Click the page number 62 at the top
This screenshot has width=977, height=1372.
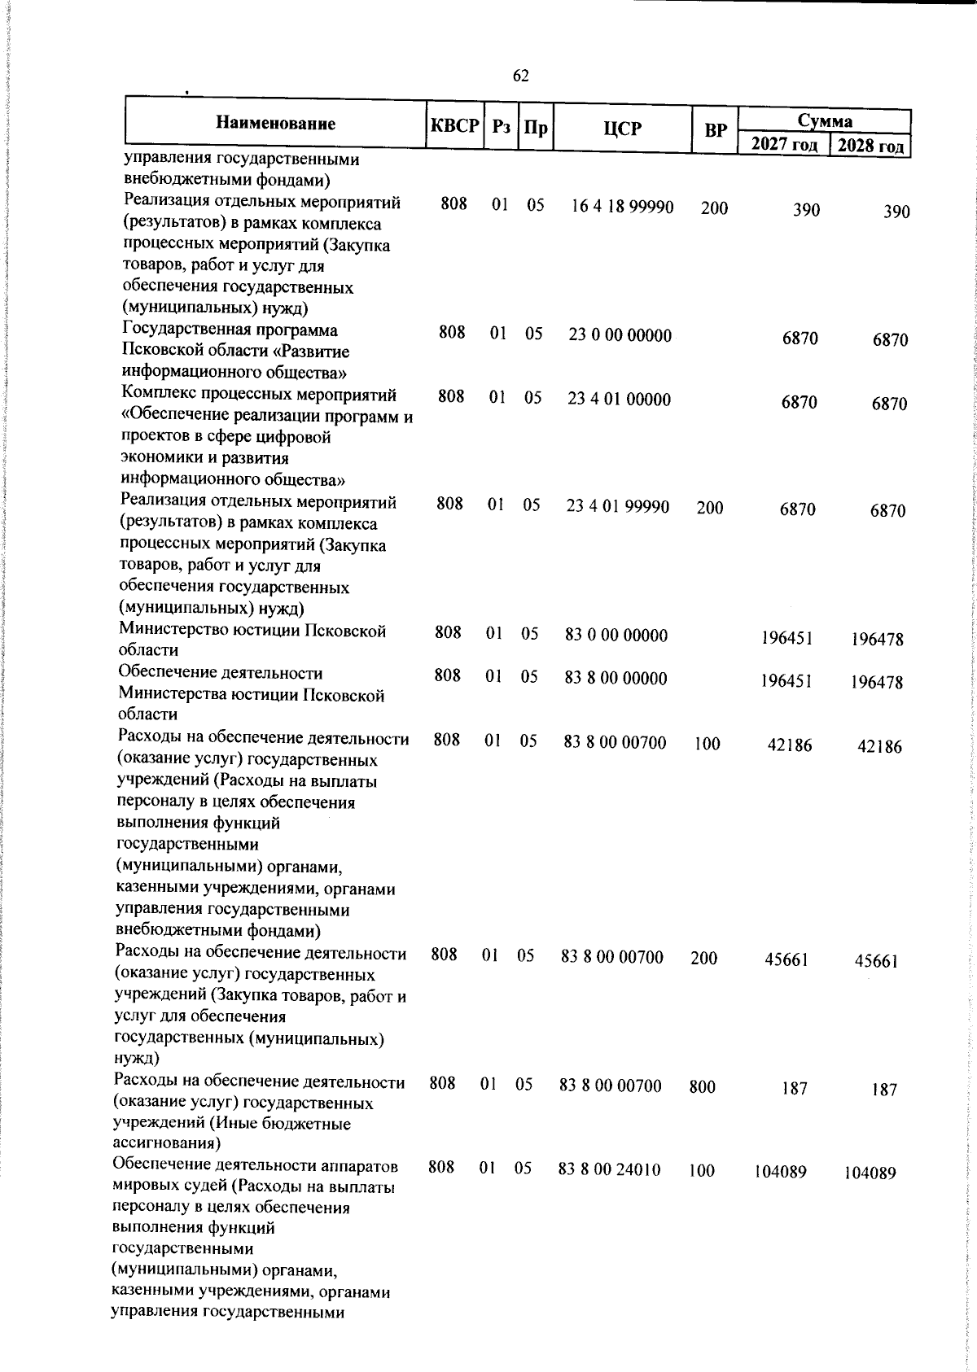tap(521, 76)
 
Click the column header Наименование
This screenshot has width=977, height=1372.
tap(275, 124)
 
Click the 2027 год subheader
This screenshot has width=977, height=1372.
tap(783, 144)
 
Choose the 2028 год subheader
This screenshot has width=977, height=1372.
tap(870, 146)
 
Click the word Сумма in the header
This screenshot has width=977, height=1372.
tap(824, 121)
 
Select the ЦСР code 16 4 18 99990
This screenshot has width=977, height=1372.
tap(622, 207)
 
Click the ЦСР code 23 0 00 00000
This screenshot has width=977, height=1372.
tap(620, 335)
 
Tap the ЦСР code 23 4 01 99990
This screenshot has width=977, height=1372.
tap(617, 506)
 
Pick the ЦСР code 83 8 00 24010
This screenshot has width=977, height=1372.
tap(609, 1169)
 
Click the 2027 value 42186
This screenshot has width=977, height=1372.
tap(789, 745)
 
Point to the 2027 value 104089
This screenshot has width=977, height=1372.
tap(780, 1172)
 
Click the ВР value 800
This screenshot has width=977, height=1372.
tap(702, 1086)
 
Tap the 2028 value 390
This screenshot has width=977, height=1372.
tap(896, 212)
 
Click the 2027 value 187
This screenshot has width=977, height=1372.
tap(795, 1088)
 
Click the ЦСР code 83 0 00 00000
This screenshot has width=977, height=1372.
tap(616, 635)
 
